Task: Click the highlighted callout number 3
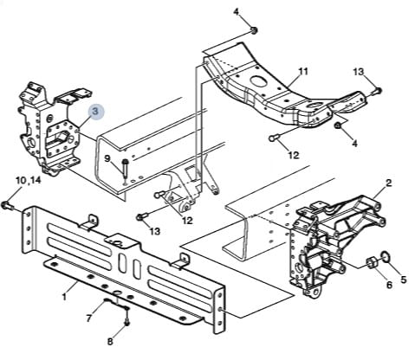[96, 112]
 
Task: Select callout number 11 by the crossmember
[303, 71]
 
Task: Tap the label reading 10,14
[29, 181]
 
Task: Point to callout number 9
[107, 158]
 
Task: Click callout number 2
[388, 183]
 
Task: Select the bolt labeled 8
[126, 319]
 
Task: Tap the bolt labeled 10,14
[6, 206]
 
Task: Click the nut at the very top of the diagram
[254, 30]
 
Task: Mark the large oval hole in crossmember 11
[258, 80]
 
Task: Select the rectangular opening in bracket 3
[62, 137]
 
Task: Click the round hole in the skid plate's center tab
[118, 243]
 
